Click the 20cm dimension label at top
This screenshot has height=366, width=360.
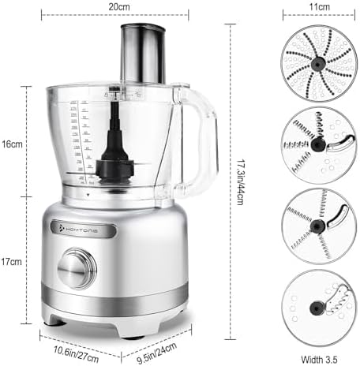[119, 6]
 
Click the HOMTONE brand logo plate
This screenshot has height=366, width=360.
[87, 229]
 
